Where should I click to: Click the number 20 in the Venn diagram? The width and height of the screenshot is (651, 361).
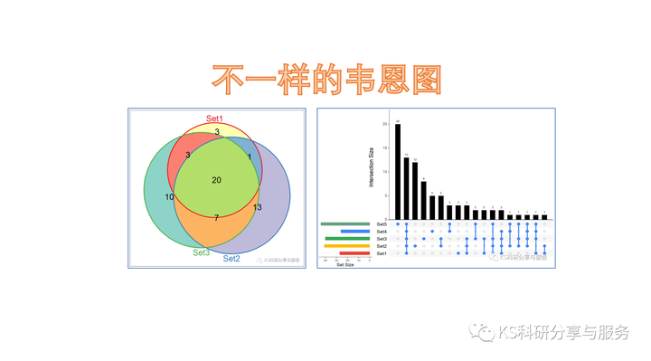click(216, 180)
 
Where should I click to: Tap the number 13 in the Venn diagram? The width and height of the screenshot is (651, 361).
click(258, 208)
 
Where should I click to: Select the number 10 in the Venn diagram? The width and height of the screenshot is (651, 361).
click(169, 197)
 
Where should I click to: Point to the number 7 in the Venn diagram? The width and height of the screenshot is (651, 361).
click(216, 218)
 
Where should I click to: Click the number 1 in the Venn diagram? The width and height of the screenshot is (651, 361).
click(250, 157)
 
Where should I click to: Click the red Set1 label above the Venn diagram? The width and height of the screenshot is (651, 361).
click(215, 119)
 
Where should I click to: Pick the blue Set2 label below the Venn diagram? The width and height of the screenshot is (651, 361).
click(231, 259)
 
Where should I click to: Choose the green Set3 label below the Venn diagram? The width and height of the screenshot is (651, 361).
click(201, 252)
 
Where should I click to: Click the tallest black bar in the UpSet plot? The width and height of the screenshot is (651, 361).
click(398, 171)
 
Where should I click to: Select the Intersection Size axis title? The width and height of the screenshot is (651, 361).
click(371, 168)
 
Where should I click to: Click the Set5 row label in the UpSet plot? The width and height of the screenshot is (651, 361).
click(382, 223)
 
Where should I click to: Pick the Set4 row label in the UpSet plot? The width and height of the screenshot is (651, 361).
click(382, 232)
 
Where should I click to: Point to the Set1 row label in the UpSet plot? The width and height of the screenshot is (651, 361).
click(382, 253)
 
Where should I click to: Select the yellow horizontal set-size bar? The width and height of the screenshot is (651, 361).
click(346, 246)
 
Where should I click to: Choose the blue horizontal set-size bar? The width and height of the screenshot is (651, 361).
click(355, 232)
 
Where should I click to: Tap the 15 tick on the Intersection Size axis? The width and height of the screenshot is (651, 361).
click(386, 147)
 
